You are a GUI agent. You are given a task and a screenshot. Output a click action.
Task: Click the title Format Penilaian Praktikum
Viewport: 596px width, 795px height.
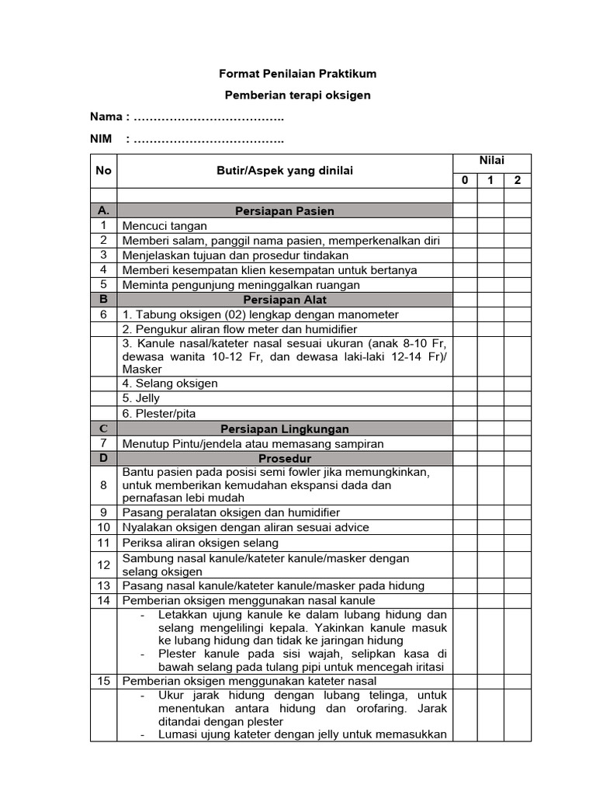[298, 74]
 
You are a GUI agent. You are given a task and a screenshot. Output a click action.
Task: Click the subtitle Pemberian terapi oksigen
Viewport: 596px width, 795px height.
[298, 95]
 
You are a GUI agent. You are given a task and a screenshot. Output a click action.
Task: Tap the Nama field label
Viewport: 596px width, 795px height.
[106, 117]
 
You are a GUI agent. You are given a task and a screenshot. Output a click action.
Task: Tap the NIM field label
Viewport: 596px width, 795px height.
[102, 140]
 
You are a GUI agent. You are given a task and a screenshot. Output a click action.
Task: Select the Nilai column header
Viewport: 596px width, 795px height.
[491, 160]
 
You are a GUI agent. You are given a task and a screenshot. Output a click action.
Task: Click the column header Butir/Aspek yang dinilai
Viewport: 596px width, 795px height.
[284, 171]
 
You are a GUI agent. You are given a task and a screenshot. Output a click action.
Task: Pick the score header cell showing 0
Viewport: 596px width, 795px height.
[464, 181]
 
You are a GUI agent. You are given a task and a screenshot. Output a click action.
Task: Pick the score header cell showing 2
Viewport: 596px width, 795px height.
[518, 181]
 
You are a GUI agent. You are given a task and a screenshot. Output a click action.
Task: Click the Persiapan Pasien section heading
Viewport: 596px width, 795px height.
[284, 211]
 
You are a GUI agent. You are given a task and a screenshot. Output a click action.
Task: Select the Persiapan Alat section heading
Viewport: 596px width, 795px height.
[284, 300]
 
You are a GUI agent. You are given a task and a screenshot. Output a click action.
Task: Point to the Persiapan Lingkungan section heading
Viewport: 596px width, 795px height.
[284, 429]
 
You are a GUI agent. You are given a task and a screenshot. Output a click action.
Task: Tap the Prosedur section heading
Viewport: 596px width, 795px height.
[284, 459]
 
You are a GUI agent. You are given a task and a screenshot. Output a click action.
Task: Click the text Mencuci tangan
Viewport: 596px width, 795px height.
[165, 226]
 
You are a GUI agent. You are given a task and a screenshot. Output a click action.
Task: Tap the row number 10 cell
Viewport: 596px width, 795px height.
[103, 527]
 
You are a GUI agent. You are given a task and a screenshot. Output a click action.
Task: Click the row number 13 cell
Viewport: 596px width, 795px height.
[103, 585]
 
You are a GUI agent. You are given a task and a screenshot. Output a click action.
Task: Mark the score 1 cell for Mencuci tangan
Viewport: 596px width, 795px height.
[490, 226]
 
